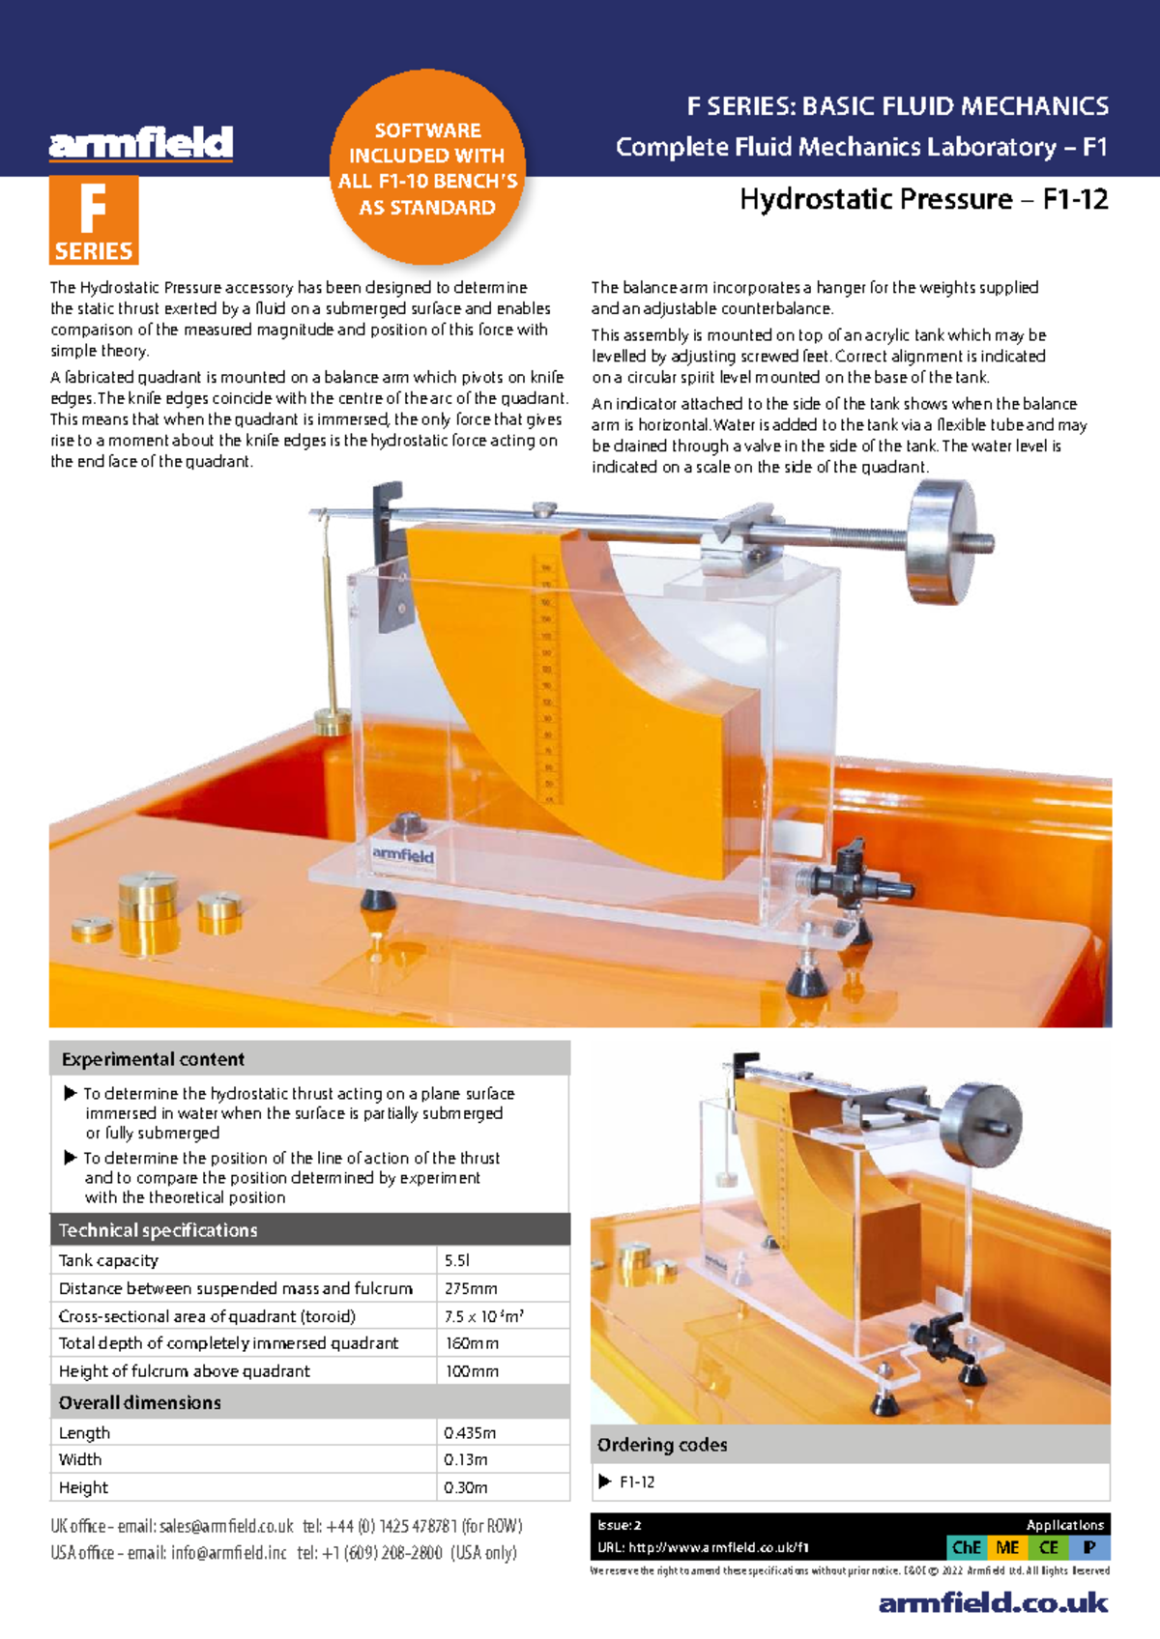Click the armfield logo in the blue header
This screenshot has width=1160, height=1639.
(141, 143)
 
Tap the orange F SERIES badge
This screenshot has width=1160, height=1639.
(94, 220)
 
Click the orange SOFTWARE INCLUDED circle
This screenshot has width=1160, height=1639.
(427, 168)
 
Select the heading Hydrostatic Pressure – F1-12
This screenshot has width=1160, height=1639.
(923, 199)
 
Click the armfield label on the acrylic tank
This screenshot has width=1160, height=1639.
(403, 855)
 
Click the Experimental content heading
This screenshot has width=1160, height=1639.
(153, 1059)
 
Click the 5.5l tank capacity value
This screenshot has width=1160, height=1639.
(457, 1260)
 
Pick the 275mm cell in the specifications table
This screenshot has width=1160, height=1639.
(471, 1288)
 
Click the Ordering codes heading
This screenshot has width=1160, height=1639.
(662, 1445)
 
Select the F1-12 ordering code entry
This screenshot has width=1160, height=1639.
(636, 1481)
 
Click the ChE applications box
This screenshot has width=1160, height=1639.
(967, 1547)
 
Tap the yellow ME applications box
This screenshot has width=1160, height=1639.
(1007, 1547)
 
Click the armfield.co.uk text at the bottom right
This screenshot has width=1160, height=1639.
(993, 1603)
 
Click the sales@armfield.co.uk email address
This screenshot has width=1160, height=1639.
(226, 1526)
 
